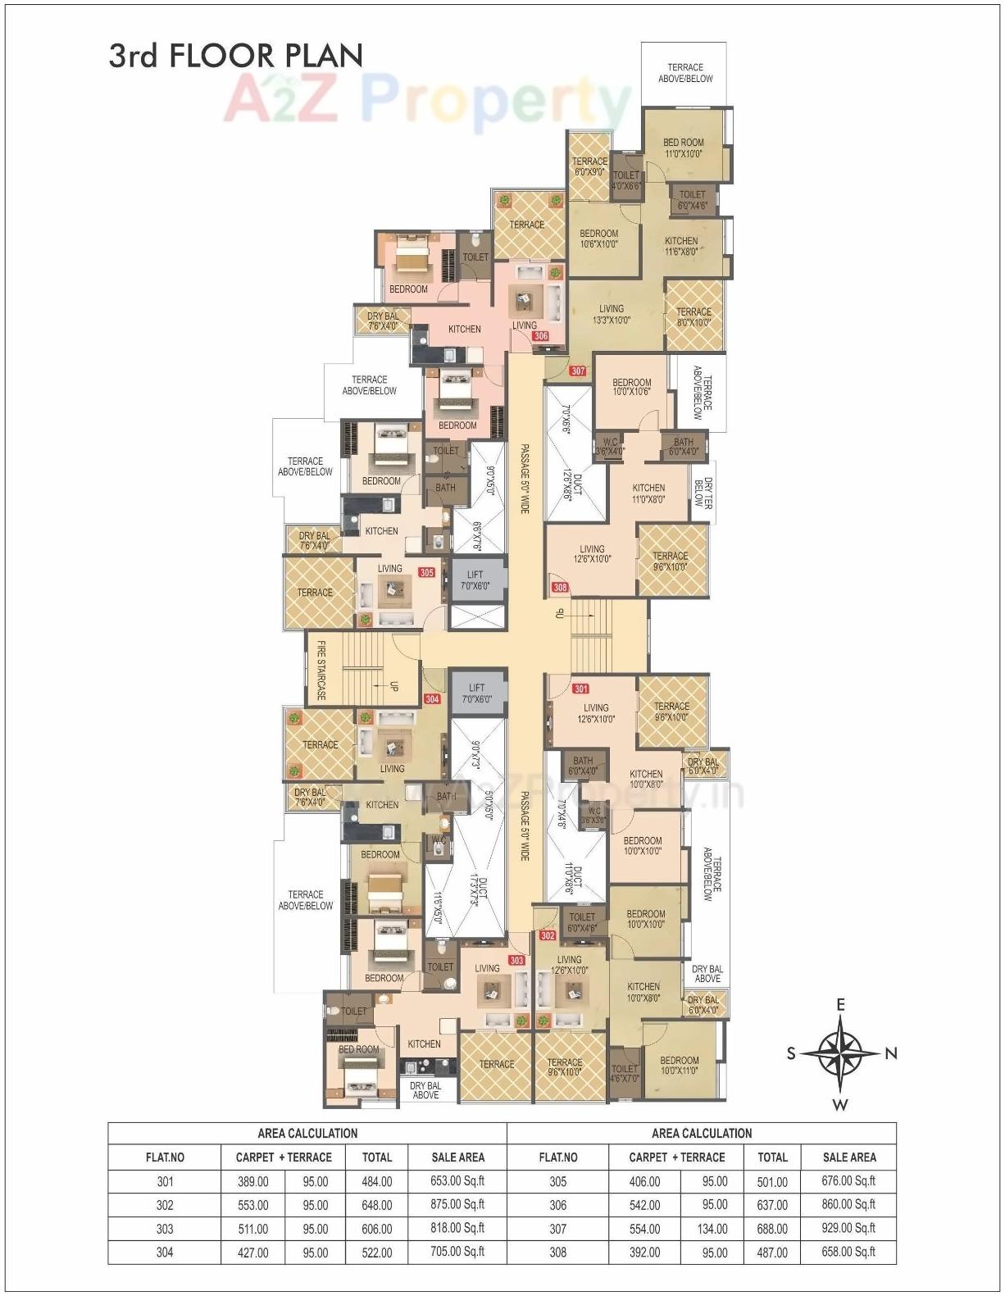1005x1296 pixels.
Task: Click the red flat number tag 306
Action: (540, 336)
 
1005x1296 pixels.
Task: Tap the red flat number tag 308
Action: (560, 587)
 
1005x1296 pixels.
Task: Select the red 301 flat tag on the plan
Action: (581, 689)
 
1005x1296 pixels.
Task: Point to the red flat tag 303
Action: (516, 960)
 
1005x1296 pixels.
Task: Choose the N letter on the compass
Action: (891, 1054)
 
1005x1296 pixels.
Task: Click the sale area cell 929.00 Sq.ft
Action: (848, 1228)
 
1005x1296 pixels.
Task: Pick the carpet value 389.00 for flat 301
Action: (252, 1181)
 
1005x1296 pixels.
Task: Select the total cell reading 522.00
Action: (377, 1253)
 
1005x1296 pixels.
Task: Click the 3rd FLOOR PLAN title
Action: (236, 55)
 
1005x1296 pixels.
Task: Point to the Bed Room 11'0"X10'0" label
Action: (684, 148)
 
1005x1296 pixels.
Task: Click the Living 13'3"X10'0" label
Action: (612, 315)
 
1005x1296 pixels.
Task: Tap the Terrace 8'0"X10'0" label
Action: (694, 317)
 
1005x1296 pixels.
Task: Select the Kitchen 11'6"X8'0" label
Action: (681, 246)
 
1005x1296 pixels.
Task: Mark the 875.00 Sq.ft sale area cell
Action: (457, 1204)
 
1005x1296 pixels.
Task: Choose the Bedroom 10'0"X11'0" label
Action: (680, 1065)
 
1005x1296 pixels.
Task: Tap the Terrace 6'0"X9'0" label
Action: (589, 166)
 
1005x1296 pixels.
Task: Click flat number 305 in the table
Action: (558, 1181)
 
